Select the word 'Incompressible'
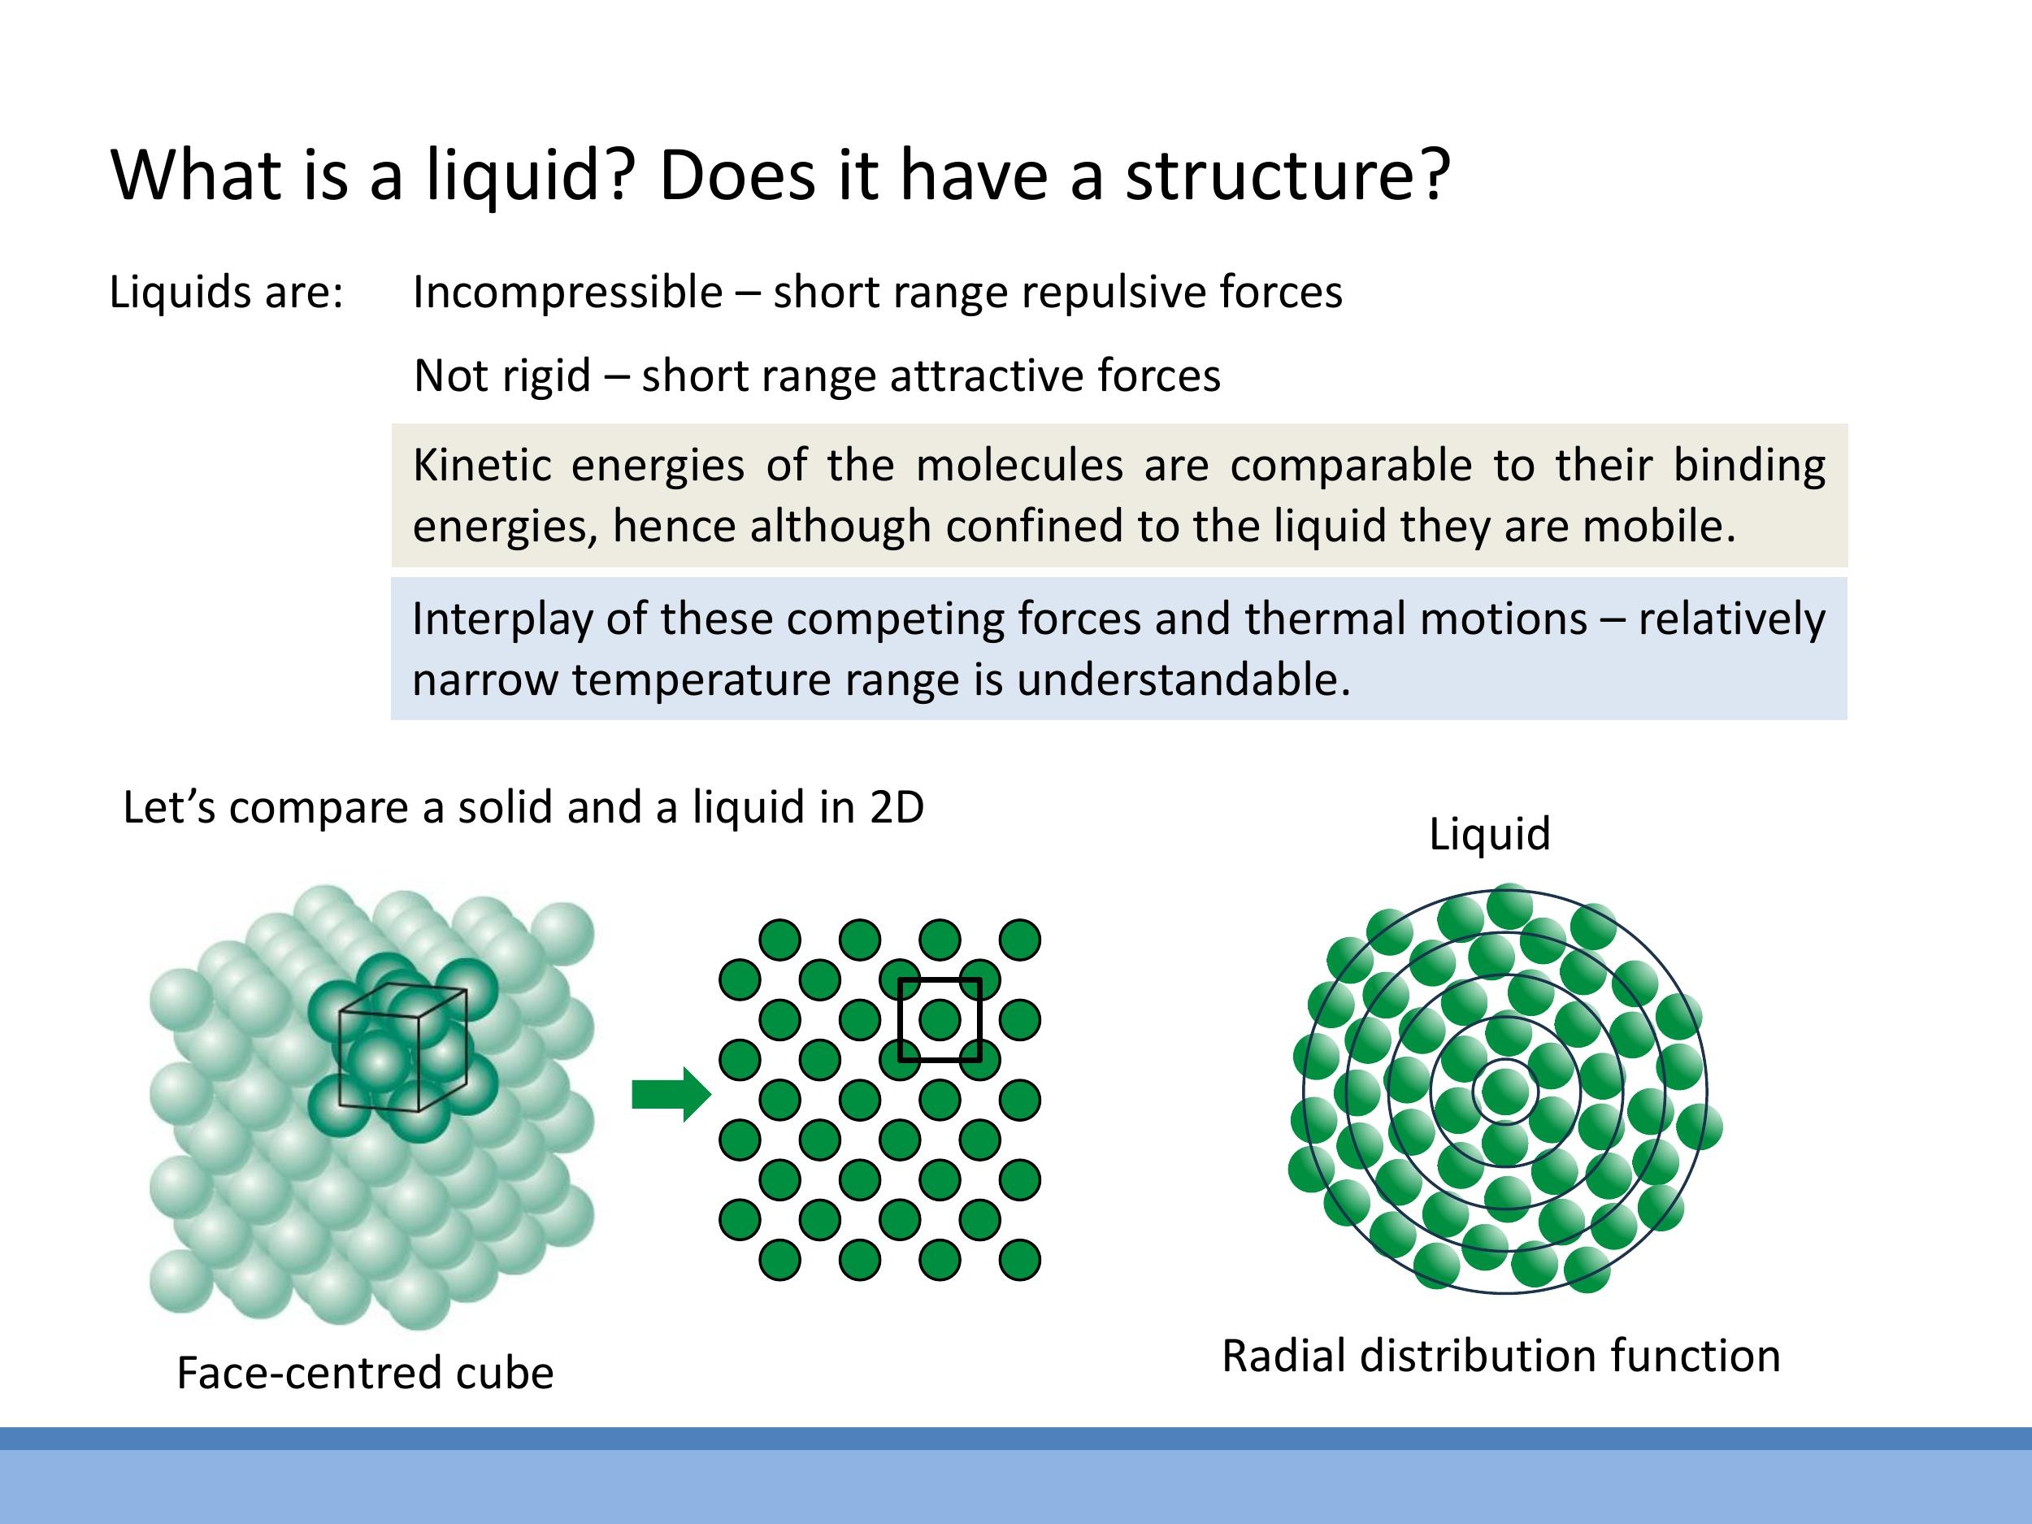point(567,293)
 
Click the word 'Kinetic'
point(481,466)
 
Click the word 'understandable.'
point(1183,680)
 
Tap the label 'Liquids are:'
point(226,293)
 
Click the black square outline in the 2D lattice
point(901,1020)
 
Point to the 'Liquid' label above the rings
point(1489,834)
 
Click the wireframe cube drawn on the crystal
point(402,1047)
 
